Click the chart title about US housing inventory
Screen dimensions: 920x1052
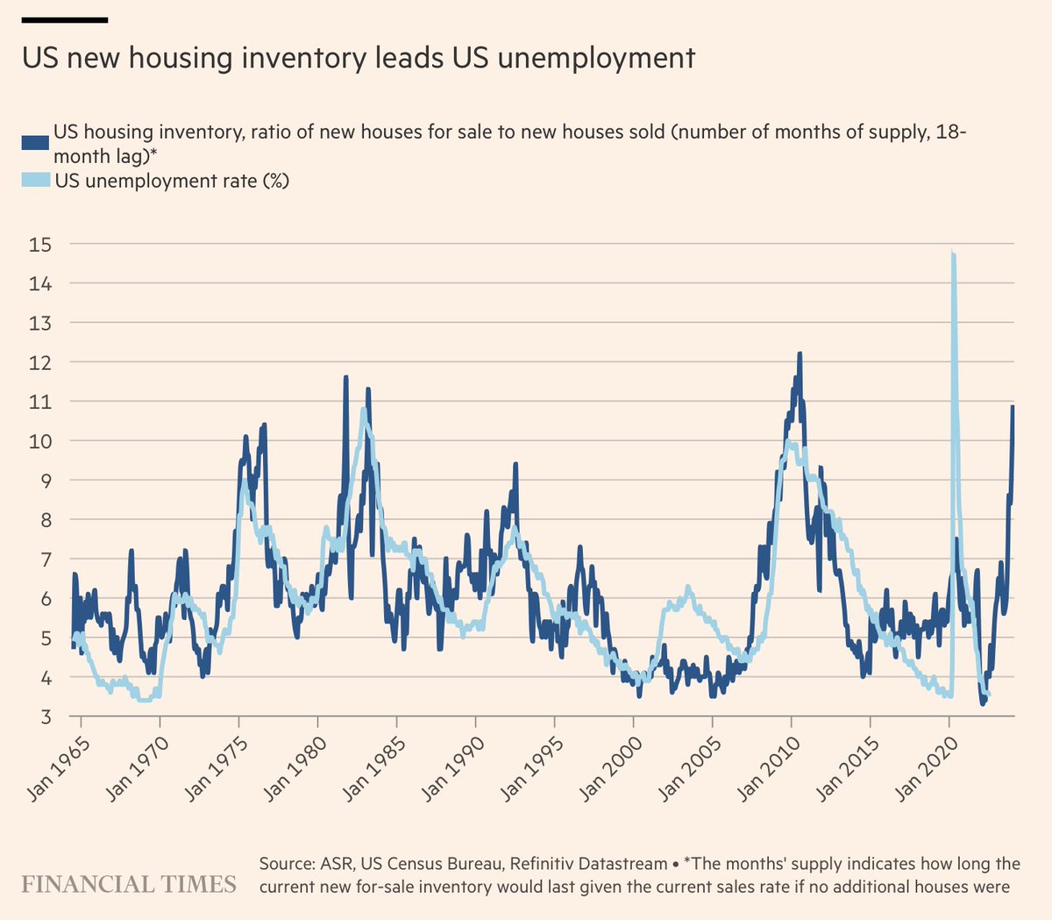click(x=358, y=59)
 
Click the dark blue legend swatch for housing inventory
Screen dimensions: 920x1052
click(x=35, y=143)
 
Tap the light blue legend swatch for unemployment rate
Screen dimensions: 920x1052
click(x=35, y=181)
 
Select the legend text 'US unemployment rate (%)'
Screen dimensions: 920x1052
click(x=172, y=181)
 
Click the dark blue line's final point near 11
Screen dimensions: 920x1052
click(x=1013, y=407)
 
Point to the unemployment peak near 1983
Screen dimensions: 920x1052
click(x=363, y=410)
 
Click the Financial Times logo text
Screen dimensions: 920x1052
click(x=129, y=883)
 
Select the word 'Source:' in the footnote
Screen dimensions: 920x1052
click(x=281, y=864)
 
